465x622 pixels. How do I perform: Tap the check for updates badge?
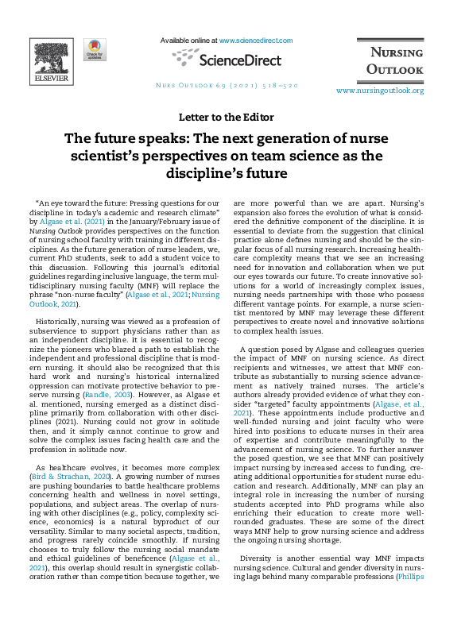(x=95, y=49)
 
